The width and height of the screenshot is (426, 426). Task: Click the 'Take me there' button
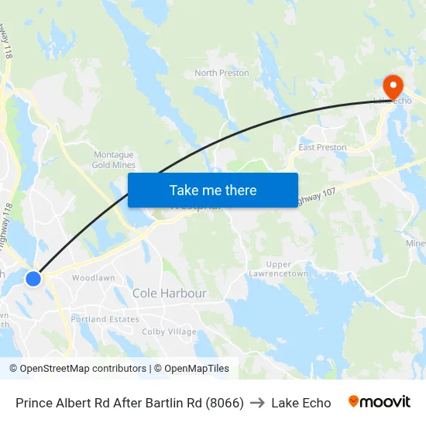(212, 190)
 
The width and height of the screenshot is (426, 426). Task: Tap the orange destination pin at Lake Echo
(392, 84)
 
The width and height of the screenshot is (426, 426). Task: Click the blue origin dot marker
(33, 278)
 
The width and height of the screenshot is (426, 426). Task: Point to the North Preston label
(222, 73)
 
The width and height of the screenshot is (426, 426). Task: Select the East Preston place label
(322, 147)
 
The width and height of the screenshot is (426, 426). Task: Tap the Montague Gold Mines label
(114, 160)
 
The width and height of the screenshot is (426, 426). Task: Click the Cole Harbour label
(170, 294)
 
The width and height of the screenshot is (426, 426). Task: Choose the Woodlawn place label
(93, 278)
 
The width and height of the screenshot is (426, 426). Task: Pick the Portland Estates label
(105, 319)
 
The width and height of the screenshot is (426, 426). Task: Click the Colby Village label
(169, 332)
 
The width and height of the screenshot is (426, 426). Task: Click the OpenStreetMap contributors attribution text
(83, 369)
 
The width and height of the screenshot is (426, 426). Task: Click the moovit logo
(380, 402)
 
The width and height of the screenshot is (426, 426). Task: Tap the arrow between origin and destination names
(257, 403)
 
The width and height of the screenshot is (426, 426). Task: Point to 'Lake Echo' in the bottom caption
(301, 403)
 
